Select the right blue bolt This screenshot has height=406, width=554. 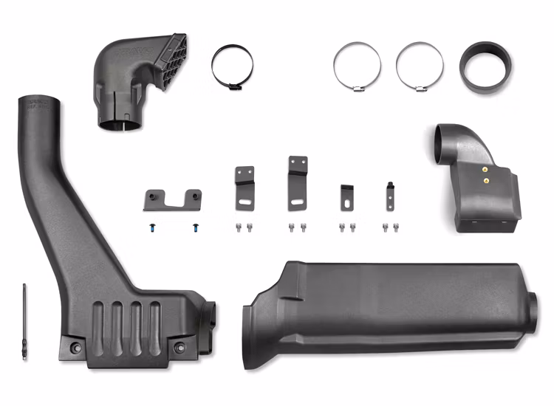click(x=196, y=227)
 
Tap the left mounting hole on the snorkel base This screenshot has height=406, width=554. click(x=74, y=345)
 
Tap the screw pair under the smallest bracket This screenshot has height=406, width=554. click(x=386, y=227)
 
